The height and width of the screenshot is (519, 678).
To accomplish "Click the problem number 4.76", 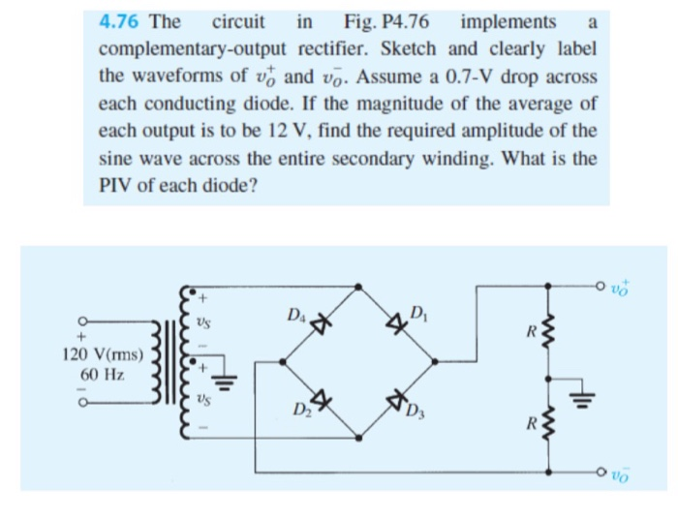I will [120, 21].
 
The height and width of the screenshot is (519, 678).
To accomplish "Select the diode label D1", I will [419, 312].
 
